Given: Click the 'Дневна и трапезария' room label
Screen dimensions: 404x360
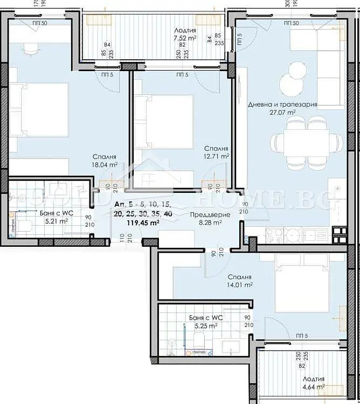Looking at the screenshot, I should (x=282, y=105).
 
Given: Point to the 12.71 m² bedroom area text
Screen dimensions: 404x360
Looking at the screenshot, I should (x=217, y=156).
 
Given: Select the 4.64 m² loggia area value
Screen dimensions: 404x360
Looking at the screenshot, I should (x=313, y=386).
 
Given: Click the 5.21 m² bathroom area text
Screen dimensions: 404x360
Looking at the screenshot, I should (x=56, y=221).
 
